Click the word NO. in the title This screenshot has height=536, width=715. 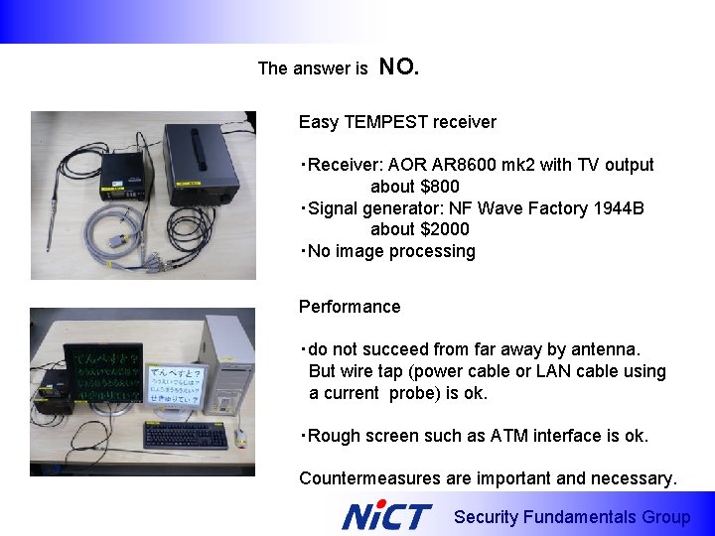pyautogui.click(x=399, y=67)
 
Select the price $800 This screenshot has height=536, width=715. pyautogui.click(x=439, y=187)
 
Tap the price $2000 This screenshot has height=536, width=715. pyautogui.click(x=444, y=229)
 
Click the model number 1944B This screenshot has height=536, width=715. pyautogui.click(x=617, y=208)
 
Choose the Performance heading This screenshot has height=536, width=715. pyautogui.click(x=350, y=307)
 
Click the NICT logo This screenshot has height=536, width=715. pyautogui.click(x=386, y=516)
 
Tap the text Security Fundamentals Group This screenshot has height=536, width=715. pyautogui.click(x=571, y=517)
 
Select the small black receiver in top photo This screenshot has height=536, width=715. pyautogui.click(x=125, y=179)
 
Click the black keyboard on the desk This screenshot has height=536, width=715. pyautogui.click(x=185, y=435)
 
